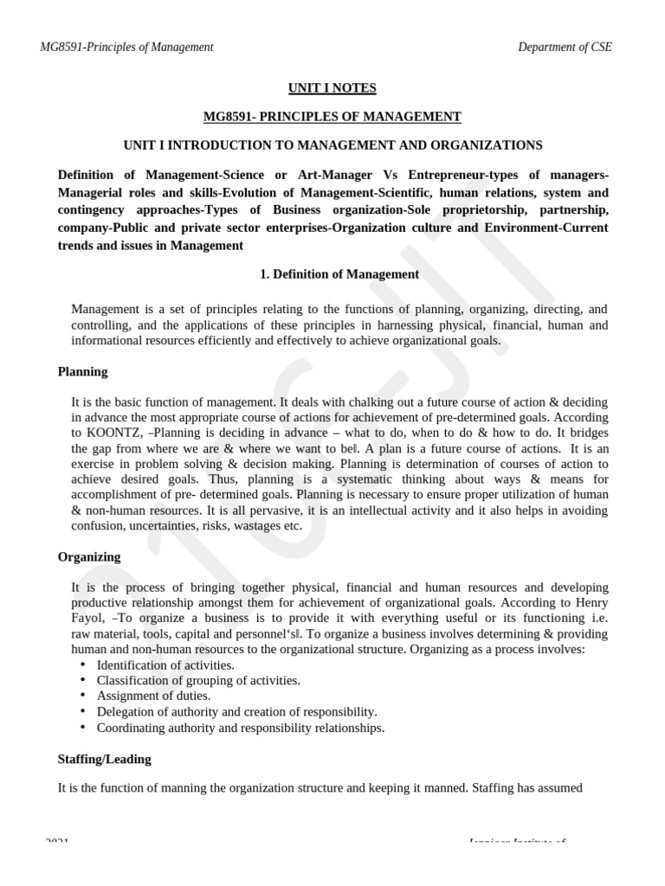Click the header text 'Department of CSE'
565,47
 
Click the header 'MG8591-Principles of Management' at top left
126,47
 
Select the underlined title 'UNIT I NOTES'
332,87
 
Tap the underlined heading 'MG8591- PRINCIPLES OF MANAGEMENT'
332,116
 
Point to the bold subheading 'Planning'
83,371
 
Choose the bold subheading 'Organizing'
89,556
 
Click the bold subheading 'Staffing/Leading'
104,759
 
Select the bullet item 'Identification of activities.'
165,664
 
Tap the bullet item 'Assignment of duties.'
153,696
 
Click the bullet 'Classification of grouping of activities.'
198,680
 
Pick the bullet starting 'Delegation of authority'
236,711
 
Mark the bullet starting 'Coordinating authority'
240,728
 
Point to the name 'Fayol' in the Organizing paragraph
87,618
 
